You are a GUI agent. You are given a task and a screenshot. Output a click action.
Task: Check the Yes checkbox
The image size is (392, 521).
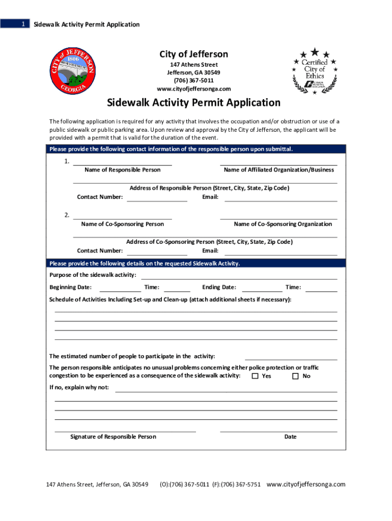[256, 376]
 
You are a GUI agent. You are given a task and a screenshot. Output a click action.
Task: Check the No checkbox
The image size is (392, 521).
[296, 376]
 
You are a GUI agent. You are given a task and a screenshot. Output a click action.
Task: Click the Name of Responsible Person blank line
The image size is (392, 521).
[122, 163]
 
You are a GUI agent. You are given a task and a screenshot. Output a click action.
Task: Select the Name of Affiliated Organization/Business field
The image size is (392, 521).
[278, 163]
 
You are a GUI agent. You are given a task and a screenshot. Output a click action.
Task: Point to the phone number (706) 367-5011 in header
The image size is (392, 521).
[193, 80]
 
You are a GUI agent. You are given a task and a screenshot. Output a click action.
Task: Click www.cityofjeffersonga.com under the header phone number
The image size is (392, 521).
[193, 89]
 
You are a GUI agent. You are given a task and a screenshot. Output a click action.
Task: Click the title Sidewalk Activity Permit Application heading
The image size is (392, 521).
[193, 103]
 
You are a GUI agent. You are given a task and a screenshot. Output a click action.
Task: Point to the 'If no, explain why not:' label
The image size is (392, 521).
[79, 388]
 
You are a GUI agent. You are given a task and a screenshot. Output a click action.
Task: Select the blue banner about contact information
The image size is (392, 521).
[196, 149]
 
